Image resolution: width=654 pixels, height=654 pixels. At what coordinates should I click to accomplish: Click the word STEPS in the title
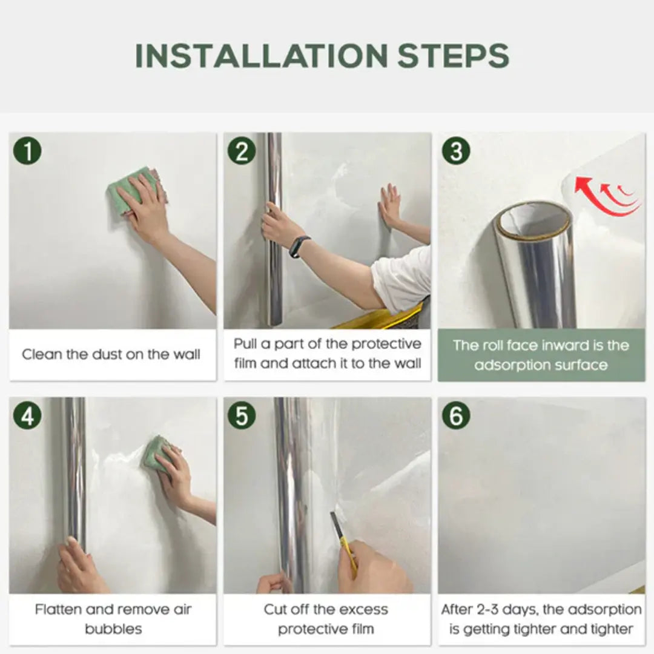pos(453,56)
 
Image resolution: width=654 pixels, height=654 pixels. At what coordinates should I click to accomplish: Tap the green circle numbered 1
pos(27,150)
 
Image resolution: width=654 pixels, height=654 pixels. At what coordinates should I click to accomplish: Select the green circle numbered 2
pos(242,150)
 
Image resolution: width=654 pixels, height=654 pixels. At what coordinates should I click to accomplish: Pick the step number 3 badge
pos(456,150)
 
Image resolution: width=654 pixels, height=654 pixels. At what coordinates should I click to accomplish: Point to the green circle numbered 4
pos(27,415)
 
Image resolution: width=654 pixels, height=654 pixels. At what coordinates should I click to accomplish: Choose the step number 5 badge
pos(242,415)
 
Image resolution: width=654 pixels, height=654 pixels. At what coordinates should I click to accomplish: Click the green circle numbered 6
pos(456,415)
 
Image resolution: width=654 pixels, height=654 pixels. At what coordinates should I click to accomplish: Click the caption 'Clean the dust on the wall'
pos(111,354)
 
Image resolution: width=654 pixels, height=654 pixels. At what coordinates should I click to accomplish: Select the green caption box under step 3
pos(541,355)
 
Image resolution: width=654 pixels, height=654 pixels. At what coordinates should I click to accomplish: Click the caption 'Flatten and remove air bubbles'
pos(113,619)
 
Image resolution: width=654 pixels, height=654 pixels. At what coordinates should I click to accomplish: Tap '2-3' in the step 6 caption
pos(493,610)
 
